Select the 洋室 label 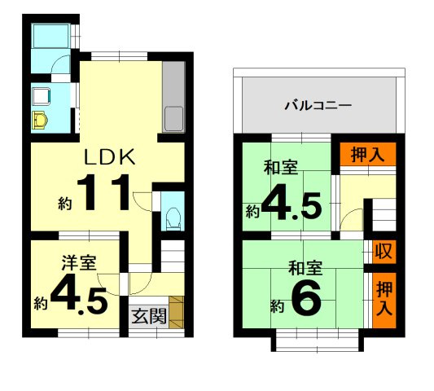(x=80, y=262)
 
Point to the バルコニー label (x=318, y=105)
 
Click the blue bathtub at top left (x=48, y=36)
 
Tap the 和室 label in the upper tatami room (x=280, y=169)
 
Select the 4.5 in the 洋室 (x=80, y=297)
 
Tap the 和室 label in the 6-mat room (x=305, y=266)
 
